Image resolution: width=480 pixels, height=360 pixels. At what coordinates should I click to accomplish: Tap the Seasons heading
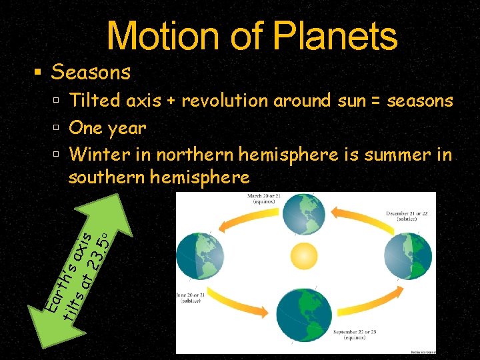pos(91,71)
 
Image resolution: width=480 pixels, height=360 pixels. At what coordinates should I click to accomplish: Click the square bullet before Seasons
pos(39,71)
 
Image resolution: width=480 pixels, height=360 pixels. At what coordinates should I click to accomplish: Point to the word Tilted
pos(95,101)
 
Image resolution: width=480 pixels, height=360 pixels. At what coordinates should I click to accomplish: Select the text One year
pos(107,127)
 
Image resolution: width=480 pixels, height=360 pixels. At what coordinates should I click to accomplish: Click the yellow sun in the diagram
pos(306,257)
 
